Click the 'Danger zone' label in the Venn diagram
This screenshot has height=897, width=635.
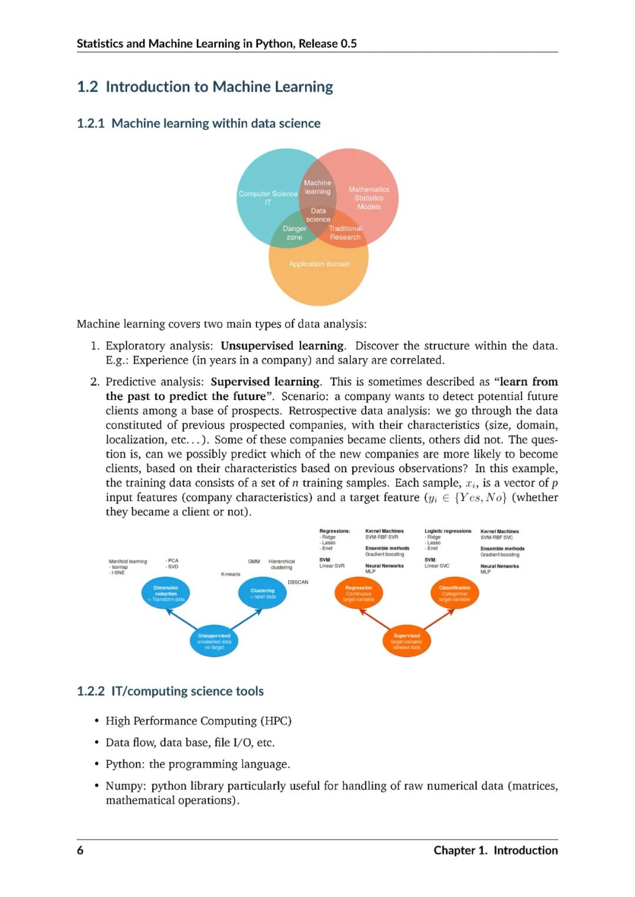295,233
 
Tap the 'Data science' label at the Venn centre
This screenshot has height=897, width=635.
318,215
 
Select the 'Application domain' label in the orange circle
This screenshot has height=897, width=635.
319,264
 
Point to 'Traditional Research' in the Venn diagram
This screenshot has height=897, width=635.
345,233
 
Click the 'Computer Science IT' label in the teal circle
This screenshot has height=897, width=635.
268,198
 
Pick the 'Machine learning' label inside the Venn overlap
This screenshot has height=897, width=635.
317,187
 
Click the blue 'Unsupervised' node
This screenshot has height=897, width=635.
214,641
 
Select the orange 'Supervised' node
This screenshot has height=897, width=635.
406,641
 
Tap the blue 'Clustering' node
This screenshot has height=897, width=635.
262,593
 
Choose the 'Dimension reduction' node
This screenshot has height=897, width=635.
166,593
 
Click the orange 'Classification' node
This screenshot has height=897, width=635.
454,593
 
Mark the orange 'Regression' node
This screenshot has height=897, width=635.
359,593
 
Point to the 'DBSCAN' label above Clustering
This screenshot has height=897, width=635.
298,582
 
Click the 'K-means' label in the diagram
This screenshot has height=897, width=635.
230,574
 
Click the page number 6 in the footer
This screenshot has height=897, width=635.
80,850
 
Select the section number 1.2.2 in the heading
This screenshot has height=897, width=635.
91,691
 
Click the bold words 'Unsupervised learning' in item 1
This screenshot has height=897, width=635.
282,346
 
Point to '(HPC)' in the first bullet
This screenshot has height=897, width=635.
276,721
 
